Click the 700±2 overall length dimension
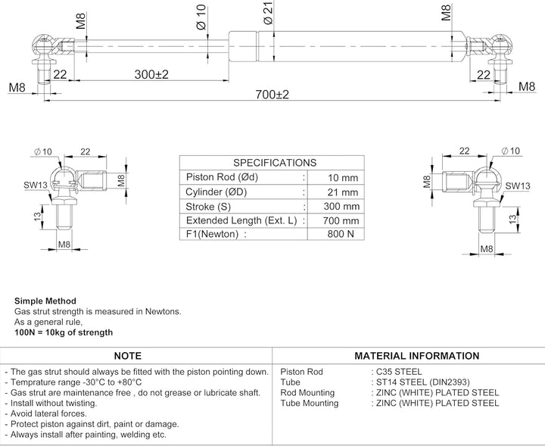click(x=273, y=95)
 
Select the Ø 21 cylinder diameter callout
click(x=269, y=14)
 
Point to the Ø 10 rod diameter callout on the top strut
click(x=201, y=17)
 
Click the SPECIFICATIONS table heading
click(x=274, y=163)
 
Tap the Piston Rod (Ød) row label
click(x=222, y=177)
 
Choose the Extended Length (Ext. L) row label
click(x=240, y=220)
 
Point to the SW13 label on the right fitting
click(x=517, y=185)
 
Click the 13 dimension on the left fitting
click(x=39, y=217)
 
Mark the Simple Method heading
click(x=45, y=301)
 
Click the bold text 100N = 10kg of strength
click(x=64, y=332)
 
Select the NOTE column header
click(x=127, y=356)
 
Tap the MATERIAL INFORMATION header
click(x=416, y=356)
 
